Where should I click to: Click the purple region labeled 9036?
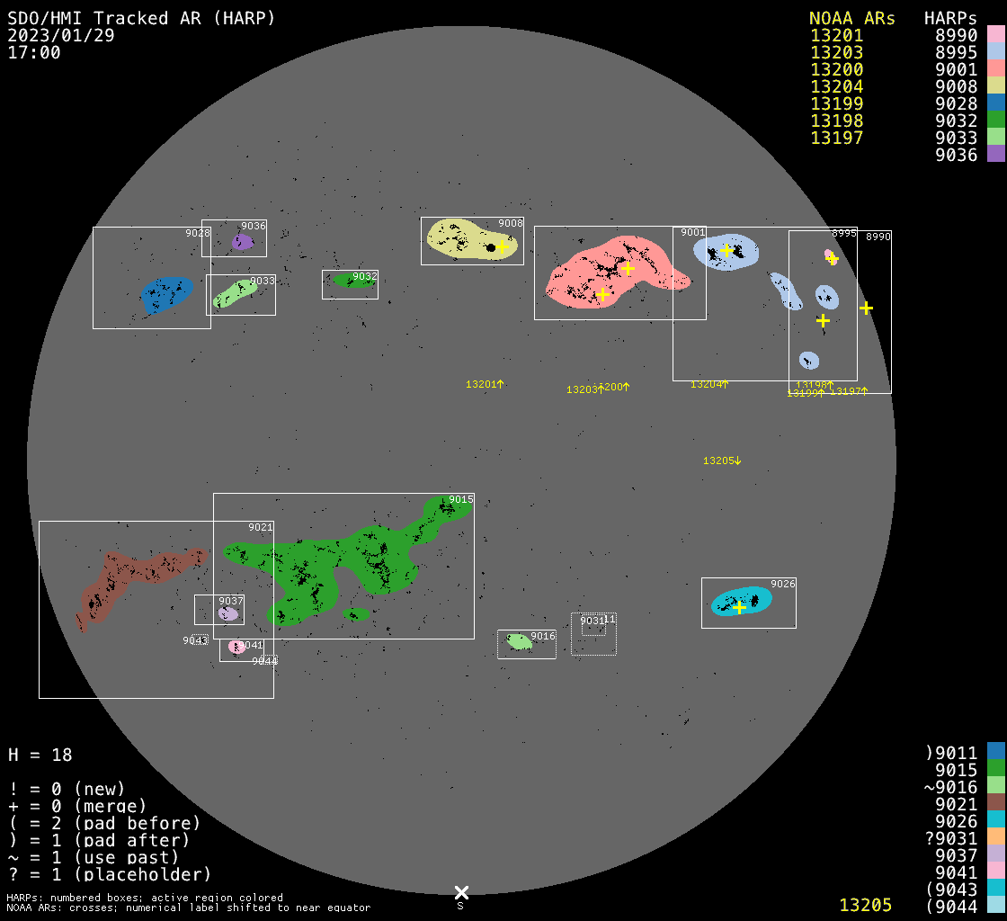pyautogui.click(x=241, y=242)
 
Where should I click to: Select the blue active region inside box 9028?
pyautogui.click(x=166, y=293)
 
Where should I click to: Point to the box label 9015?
pyautogui.click(x=461, y=499)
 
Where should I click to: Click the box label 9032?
pyautogui.click(x=364, y=276)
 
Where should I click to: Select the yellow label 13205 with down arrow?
pyautogui.click(x=722, y=460)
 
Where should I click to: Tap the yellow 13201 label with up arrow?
pyautogui.click(x=484, y=384)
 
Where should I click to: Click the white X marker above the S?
pyautogui.click(x=461, y=892)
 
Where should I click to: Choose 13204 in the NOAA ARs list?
pyautogui.click(x=836, y=87)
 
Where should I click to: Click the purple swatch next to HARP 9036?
pyautogui.click(x=995, y=155)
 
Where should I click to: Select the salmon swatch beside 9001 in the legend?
pyautogui.click(x=995, y=69)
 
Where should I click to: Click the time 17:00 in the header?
pyautogui.click(x=34, y=52)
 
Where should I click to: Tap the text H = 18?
pyautogui.click(x=40, y=755)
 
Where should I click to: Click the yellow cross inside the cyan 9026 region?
pyautogui.click(x=739, y=608)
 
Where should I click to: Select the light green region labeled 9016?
pyautogui.click(x=519, y=641)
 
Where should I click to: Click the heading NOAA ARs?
pyautogui.click(x=851, y=18)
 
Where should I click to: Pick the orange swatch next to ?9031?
pyautogui.click(x=995, y=838)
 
